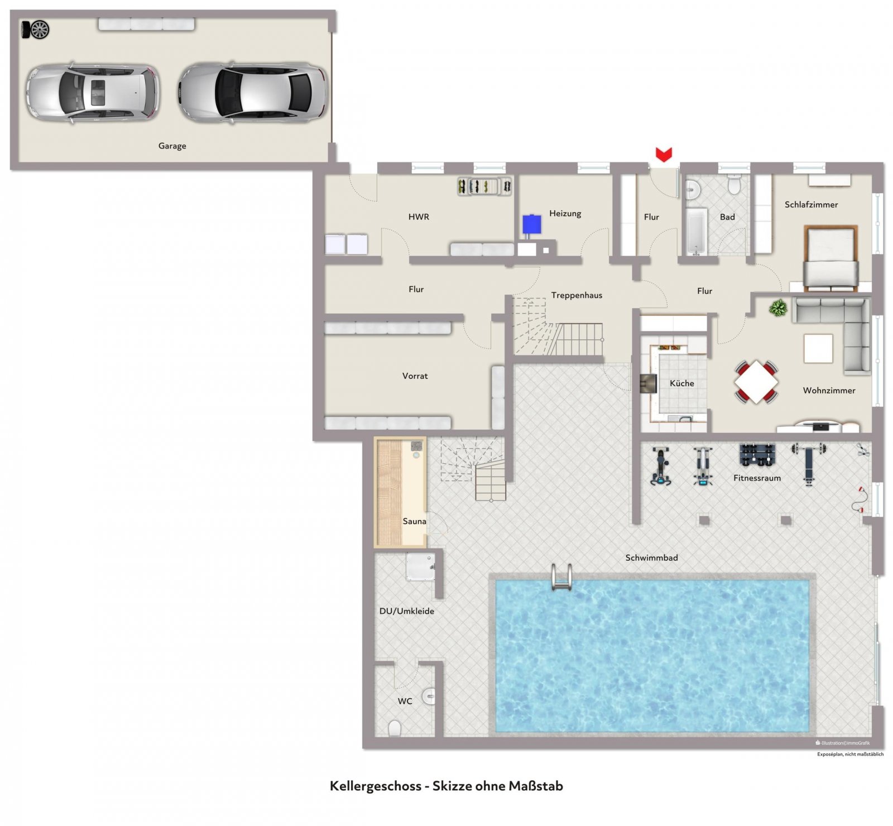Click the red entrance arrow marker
coord(664,155)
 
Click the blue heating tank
coord(531,225)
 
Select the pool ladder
coord(561,577)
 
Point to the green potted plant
coord(778,308)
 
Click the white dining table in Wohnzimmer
coord(756,382)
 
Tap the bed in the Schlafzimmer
coord(830,258)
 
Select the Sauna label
coord(415,521)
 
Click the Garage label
coord(172,146)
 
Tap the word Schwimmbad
coord(651,558)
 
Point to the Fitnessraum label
coord(757,478)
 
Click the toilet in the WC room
coord(395,728)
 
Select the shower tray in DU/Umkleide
coord(420,566)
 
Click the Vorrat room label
coord(415,376)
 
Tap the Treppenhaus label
coord(577,295)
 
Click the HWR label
coord(419,217)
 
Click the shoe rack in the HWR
coord(484,186)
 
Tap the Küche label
coord(682,383)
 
